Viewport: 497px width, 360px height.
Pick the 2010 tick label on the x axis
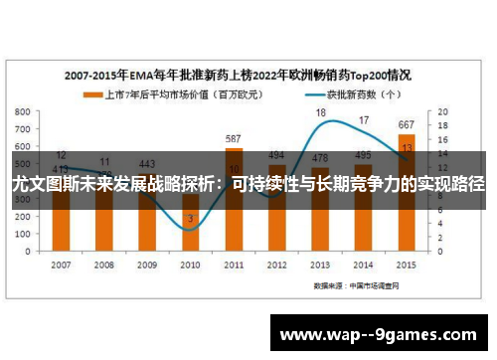[190, 266]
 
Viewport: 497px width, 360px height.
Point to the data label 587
[234, 139]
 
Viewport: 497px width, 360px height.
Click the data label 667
[408, 125]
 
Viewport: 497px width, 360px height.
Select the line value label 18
[321, 113]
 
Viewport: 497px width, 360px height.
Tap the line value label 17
[364, 120]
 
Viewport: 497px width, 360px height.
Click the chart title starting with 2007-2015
[239, 75]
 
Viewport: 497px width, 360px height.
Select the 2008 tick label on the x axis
[103, 266]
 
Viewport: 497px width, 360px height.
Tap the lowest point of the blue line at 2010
[190, 230]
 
